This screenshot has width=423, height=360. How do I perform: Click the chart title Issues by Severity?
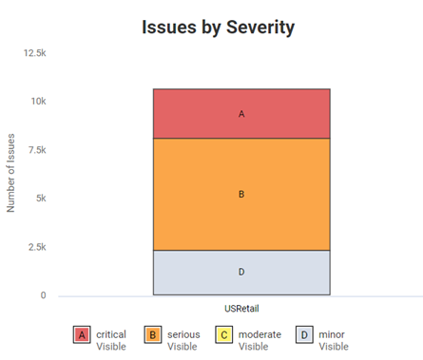click(218, 27)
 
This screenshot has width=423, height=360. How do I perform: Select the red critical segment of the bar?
click(241, 114)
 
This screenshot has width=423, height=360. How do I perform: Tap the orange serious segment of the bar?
click(241, 194)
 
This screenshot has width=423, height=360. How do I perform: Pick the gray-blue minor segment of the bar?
click(241, 272)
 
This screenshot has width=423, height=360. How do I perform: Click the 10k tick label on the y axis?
click(38, 102)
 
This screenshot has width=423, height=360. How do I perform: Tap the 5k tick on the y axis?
click(40, 199)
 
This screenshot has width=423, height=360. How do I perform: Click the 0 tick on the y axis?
click(43, 295)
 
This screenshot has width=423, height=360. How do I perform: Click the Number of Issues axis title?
click(12, 175)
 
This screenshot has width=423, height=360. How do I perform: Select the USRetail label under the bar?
click(241, 309)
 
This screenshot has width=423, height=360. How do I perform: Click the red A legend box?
click(82, 335)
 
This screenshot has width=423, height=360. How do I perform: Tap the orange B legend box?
click(153, 335)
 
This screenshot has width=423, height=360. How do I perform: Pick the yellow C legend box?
click(224, 335)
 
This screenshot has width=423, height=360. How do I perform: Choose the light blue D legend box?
click(304, 335)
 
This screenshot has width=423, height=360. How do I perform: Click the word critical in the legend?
click(111, 334)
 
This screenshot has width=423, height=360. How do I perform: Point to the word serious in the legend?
click(183, 334)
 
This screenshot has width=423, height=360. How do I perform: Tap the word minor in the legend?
click(333, 334)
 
